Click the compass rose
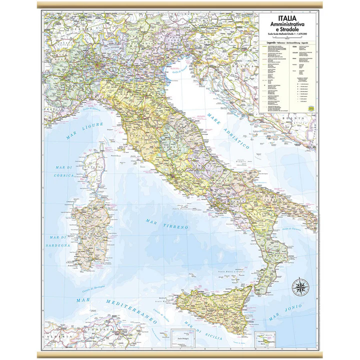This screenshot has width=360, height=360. click(300, 286)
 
